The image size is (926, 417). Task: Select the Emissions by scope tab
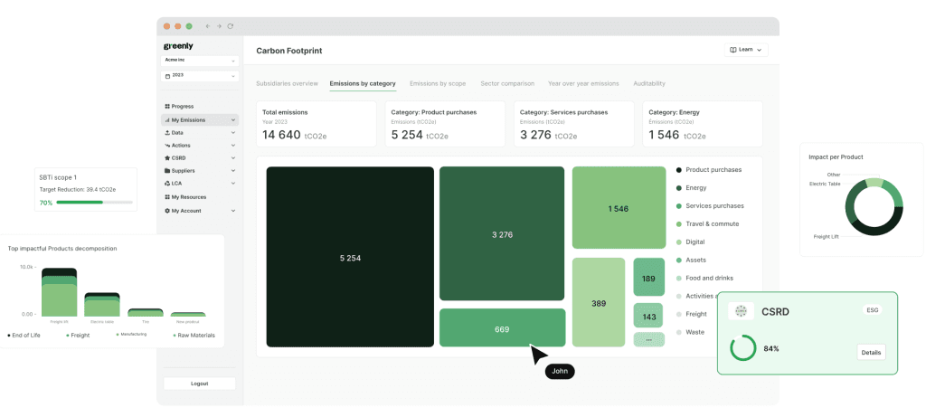pos(438,83)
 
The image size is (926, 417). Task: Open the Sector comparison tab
pos(506,83)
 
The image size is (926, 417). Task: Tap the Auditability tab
pos(649,83)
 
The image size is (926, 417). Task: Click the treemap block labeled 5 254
pos(350,258)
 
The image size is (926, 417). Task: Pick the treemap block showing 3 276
pos(502,234)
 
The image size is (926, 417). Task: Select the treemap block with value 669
pos(502,328)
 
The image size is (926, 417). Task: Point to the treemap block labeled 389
pos(598,303)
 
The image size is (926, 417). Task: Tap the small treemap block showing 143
pos(648,317)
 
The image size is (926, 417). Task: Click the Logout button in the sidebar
pos(199,384)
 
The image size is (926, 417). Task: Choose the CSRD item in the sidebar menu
pos(179,157)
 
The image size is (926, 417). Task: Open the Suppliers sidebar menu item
pos(183,170)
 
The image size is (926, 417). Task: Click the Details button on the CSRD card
pos(871,353)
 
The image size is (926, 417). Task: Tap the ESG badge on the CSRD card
pos(871,310)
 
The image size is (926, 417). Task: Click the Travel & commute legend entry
pos(712,223)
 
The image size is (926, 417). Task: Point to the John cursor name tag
pos(560,371)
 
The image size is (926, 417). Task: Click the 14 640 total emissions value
pos(282,135)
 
